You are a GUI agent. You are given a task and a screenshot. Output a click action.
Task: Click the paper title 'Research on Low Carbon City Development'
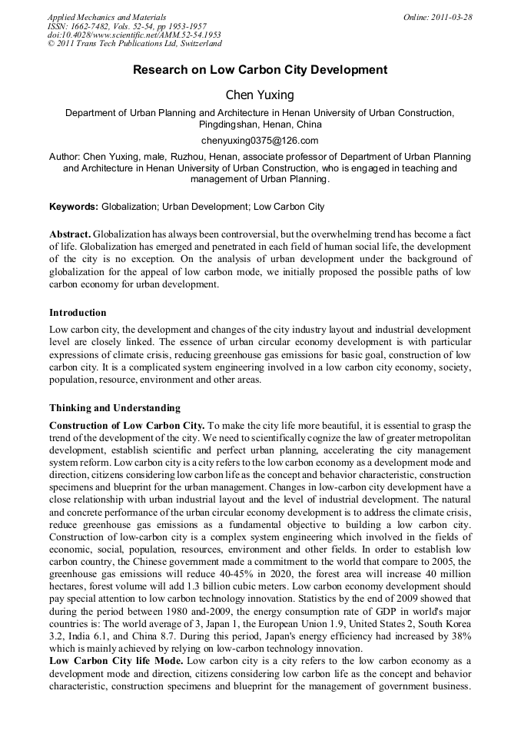click(260, 70)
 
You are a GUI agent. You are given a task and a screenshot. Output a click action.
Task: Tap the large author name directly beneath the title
click(260, 95)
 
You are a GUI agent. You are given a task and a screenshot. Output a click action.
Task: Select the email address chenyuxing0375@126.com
click(260, 141)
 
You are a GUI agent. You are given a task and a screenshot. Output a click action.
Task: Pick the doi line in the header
click(134, 35)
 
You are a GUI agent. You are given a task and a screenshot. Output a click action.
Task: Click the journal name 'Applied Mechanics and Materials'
click(107, 17)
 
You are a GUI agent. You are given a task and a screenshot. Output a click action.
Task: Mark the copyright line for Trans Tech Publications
click(134, 45)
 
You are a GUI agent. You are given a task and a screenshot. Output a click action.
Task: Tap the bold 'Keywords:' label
click(74, 207)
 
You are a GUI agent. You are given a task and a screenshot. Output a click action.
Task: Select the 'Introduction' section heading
click(78, 313)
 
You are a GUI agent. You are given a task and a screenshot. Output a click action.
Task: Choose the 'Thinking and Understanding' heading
click(114, 408)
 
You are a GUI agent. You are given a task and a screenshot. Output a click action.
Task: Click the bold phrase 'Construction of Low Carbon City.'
click(127, 426)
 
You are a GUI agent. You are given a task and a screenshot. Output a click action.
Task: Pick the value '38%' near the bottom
click(460, 637)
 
